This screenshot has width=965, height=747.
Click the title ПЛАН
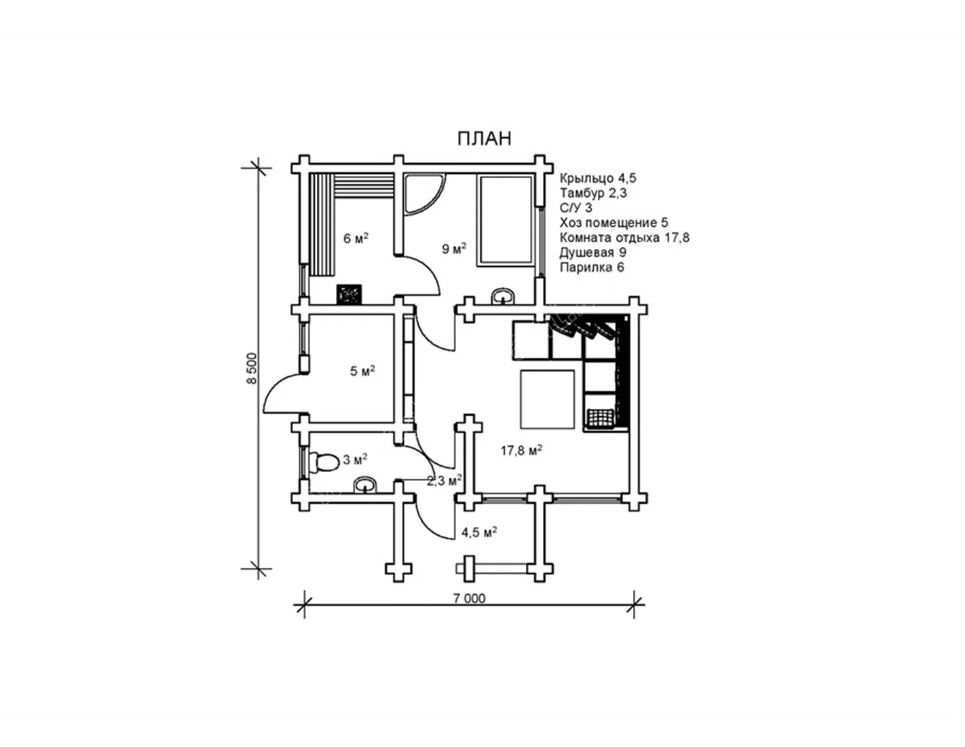point(484,139)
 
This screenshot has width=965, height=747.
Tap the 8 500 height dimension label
point(252,368)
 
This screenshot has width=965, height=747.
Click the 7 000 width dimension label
point(470,598)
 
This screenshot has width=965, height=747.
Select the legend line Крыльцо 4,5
point(598,178)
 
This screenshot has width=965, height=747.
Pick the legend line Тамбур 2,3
point(593,193)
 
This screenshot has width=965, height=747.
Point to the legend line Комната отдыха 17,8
point(624,238)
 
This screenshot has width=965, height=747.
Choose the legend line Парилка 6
point(592,267)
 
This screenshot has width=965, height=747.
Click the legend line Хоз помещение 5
point(613,223)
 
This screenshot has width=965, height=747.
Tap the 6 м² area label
point(356,238)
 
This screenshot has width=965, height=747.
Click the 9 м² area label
point(454,249)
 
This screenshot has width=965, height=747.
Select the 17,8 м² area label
point(521,451)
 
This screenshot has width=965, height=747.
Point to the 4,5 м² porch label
point(479,532)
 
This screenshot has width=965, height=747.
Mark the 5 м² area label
point(362,371)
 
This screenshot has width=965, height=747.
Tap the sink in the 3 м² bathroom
point(366,486)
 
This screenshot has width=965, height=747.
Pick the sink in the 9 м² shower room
point(503,296)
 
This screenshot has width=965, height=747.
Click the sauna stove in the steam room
point(349,295)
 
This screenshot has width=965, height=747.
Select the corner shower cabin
point(425,195)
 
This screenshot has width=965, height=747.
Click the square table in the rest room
point(548,399)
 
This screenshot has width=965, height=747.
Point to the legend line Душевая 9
point(593,253)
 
